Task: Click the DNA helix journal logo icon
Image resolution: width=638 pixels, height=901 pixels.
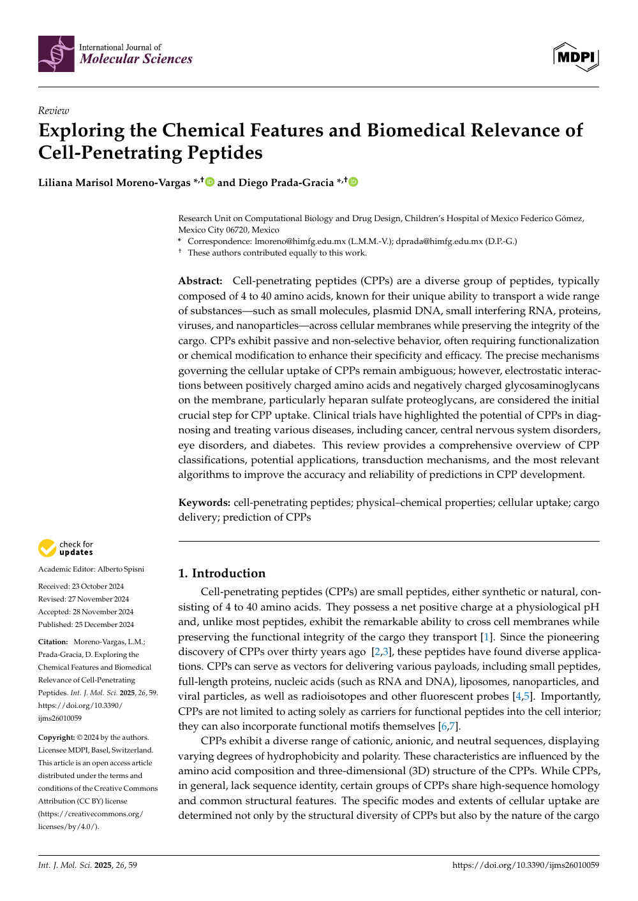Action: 56,54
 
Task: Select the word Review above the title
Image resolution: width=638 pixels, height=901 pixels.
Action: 53,111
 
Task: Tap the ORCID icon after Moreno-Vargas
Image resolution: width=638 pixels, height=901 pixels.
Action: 210,182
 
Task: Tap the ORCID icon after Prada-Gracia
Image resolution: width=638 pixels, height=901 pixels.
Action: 353,182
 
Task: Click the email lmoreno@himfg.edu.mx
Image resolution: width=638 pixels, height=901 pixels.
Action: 300,241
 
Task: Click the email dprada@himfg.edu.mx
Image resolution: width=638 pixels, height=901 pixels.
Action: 439,241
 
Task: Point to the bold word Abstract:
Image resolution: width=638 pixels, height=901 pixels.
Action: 200,281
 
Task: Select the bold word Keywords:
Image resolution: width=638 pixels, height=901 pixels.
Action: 204,503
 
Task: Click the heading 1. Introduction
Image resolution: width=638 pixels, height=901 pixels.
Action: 221,573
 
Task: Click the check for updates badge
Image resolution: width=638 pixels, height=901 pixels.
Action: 66,548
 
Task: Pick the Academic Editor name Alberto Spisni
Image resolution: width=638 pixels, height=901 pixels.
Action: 121,569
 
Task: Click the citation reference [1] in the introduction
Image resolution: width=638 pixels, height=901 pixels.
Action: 487,637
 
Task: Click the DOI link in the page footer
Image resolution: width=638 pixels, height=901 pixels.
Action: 525,865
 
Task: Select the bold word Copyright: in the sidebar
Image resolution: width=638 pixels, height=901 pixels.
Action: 56,737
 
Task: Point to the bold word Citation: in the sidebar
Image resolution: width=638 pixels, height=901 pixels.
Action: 53,642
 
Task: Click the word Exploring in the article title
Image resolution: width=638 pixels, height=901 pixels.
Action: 81,131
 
